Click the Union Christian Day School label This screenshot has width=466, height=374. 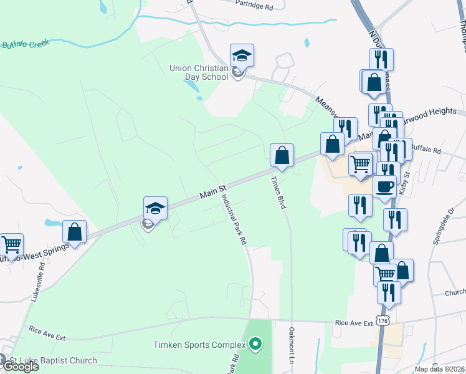199,72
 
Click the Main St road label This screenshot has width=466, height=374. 212,190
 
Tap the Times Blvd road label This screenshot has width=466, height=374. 276,189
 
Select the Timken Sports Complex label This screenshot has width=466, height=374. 201,344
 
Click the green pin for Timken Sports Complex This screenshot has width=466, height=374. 254,343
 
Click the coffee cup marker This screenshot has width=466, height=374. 384,186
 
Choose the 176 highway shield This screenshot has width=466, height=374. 383,320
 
